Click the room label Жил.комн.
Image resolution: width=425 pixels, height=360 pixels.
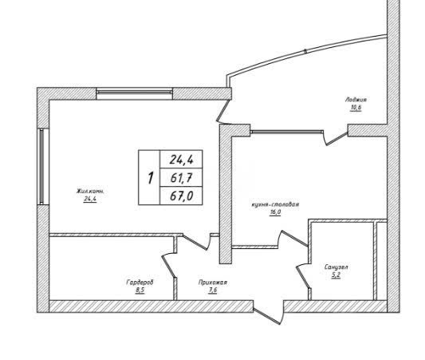point(90,191)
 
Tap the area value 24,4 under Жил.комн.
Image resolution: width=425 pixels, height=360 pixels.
point(90,200)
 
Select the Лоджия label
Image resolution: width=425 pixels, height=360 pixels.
point(356,100)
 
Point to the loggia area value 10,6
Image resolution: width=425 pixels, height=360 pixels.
point(356,108)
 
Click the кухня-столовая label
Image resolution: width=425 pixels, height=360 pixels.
point(275,204)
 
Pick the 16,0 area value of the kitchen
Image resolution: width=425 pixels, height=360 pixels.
point(275,212)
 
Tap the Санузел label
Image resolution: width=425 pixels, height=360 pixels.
point(336,267)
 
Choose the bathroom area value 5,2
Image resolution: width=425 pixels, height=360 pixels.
point(336,275)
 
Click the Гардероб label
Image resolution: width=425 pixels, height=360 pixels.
point(140,283)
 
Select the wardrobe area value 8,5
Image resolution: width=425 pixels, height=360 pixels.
point(140,291)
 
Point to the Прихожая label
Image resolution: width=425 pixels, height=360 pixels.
point(213,283)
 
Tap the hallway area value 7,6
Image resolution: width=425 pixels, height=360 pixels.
point(213,291)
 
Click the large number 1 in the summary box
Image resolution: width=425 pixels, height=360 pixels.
point(150,178)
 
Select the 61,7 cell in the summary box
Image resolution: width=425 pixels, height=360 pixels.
point(181,178)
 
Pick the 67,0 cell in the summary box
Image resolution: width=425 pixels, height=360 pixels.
point(181,196)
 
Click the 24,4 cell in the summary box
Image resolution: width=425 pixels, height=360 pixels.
point(181,160)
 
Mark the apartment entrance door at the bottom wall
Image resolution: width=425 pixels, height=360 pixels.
point(269,312)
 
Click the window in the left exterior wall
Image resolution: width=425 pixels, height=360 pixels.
point(41,166)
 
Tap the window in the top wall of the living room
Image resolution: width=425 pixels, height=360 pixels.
point(135,93)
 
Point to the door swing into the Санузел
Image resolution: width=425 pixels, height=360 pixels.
point(303,276)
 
